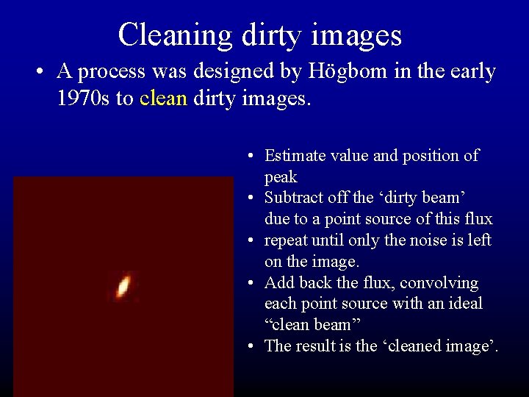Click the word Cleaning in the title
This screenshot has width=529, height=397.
[x=175, y=35]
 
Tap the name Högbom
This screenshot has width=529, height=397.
[x=345, y=71]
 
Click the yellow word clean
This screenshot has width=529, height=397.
[x=163, y=99]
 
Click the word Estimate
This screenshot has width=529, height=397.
[x=295, y=155]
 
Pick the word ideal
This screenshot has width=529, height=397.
[x=463, y=304]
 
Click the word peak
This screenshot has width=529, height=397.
[x=281, y=177]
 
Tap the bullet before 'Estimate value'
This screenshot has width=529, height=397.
[x=251, y=157]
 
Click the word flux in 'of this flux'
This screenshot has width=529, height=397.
[x=477, y=219]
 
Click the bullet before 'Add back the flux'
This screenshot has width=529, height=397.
[x=251, y=284]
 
